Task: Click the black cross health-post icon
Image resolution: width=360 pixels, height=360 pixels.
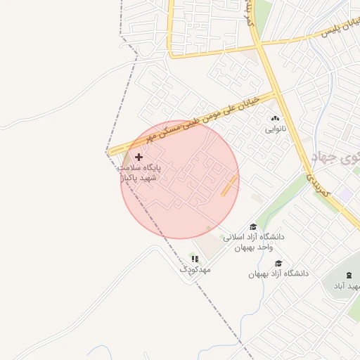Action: (139, 157)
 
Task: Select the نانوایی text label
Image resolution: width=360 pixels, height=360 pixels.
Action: (275, 129)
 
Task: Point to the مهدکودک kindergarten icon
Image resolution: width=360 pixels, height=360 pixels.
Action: (195, 259)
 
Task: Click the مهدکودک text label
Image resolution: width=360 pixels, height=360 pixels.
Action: (195, 269)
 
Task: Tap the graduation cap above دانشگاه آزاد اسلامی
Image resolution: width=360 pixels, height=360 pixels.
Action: (253, 226)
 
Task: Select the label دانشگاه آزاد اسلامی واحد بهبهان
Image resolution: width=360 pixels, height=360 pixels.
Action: (253, 242)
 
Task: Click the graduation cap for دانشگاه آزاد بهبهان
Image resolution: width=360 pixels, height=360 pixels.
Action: (279, 263)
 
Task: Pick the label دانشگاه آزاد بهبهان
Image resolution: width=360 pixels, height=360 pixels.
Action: (278, 273)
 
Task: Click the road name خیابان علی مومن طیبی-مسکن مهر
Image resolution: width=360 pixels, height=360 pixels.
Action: (217, 115)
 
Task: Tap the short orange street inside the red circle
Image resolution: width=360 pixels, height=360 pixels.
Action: (229, 186)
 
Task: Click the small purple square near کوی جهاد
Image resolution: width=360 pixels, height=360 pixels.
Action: (344, 192)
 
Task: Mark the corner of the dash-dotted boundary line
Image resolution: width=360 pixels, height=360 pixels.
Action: (108, 152)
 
